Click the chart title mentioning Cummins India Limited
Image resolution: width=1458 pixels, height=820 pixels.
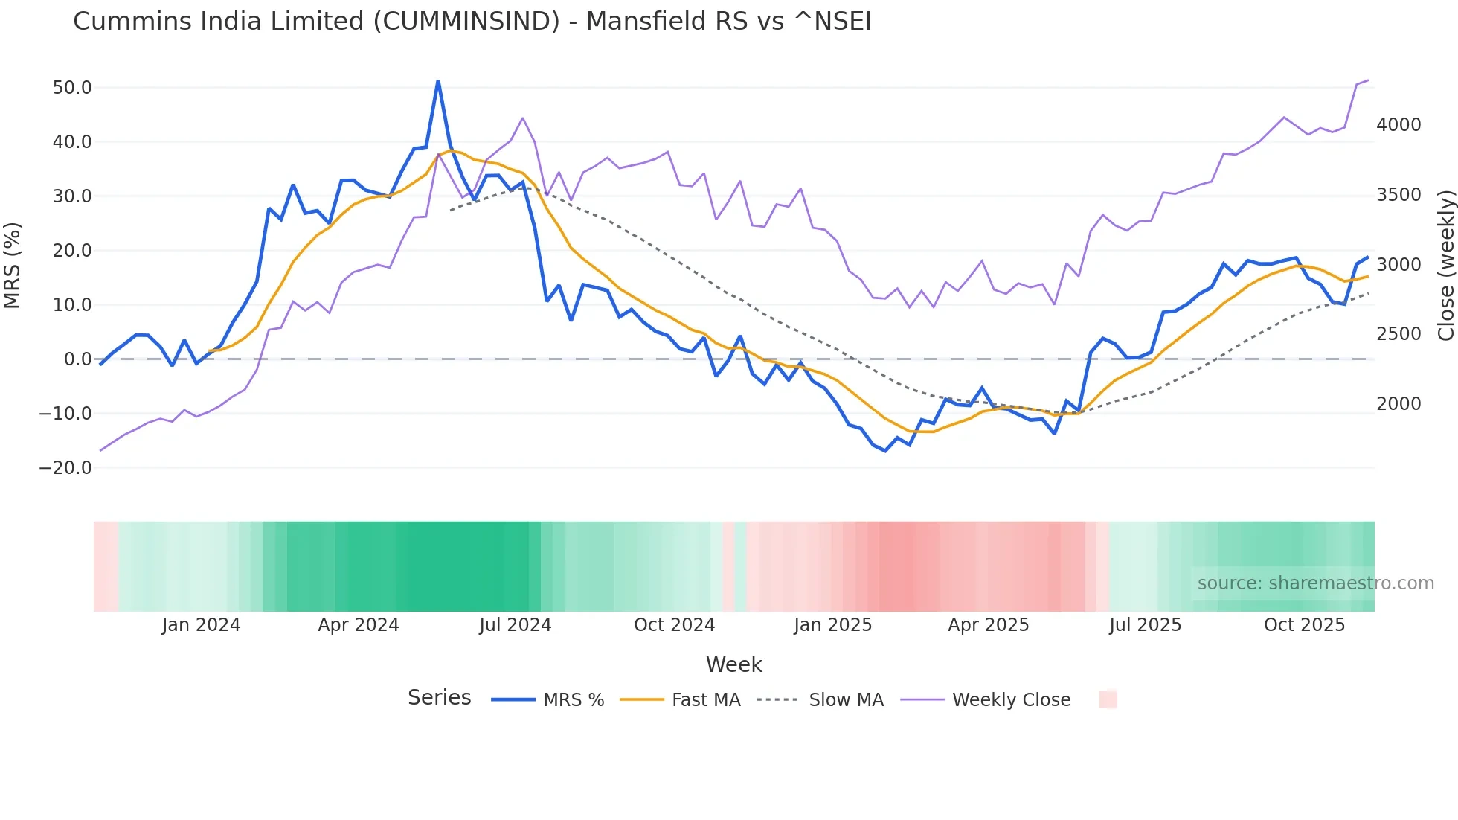coord(472,22)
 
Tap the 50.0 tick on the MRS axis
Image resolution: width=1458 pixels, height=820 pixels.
coord(72,88)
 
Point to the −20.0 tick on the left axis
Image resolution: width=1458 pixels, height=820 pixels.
coord(65,468)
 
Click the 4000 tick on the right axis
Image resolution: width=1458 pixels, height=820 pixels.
coord(1398,125)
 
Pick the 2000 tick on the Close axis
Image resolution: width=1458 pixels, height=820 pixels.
coord(1398,404)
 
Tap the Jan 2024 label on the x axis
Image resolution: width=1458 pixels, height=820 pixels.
coord(201,625)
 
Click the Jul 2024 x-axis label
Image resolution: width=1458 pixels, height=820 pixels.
coord(515,625)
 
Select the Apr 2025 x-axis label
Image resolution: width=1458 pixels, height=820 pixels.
coord(988,625)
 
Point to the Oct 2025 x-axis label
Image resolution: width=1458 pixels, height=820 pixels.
coord(1304,625)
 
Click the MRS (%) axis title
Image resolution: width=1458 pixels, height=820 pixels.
coord(13,265)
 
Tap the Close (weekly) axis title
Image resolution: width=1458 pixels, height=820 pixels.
coord(1445,265)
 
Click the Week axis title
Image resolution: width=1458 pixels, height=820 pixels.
coord(733,664)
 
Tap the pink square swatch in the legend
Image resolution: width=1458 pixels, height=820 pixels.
coord(1108,699)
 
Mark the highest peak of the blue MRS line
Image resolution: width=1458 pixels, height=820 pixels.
coord(438,81)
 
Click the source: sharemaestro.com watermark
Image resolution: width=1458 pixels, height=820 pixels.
coord(1315,583)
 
